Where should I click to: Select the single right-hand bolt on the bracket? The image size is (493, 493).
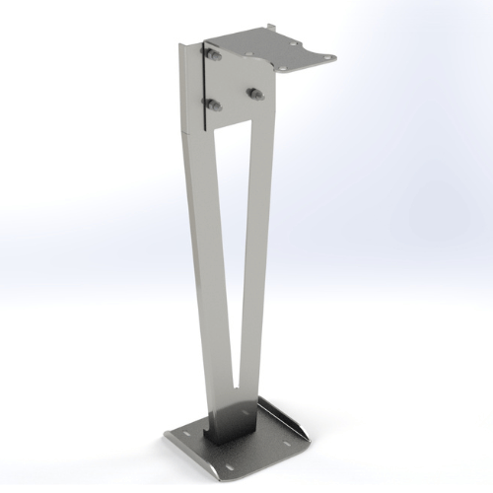pyautogui.click(x=255, y=94)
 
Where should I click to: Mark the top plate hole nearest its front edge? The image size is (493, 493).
pyautogui.click(x=290, y=69)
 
